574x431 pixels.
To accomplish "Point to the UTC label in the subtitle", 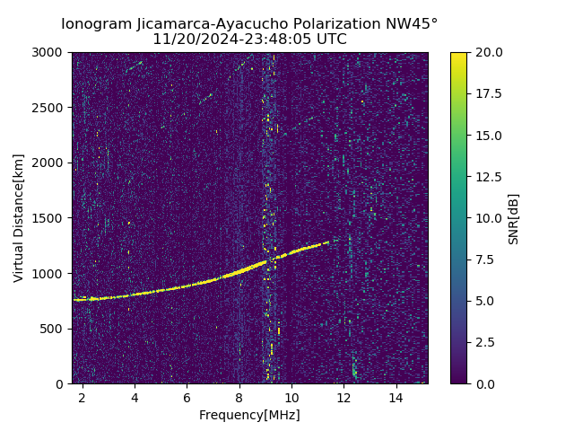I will coord(331,40).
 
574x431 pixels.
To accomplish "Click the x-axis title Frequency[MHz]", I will coord(249,415).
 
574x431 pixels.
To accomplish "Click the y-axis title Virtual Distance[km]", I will coord(19,218).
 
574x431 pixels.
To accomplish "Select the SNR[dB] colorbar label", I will coord(514,218).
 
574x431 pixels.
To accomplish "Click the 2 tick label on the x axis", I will coord(83,397).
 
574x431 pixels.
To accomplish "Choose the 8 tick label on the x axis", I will coord(239,397).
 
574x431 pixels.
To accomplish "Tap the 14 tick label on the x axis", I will coord(395,397).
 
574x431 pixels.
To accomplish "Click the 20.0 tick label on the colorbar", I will coord(489,53).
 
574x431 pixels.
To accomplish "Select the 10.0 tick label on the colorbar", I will coord(489,218).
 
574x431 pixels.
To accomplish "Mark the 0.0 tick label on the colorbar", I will coord(486,383).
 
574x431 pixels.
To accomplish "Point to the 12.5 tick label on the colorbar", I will coord(489,177).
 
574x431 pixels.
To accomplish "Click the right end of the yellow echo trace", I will coord(328,242).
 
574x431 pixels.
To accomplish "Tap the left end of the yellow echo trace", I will coord(74,300).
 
